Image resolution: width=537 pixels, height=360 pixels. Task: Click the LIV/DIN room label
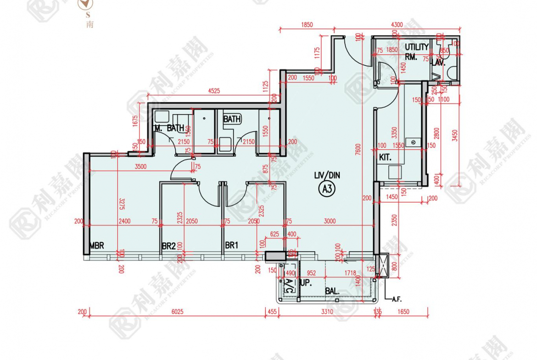pyautogui.click(x=327, y=175)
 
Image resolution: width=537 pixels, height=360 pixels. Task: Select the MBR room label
pyautogui.click(x=97, y=246)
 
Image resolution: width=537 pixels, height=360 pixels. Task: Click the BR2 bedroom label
pyautogui.click(x=168, y=246)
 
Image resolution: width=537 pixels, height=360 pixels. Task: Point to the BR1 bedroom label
pyautogui.click(x=231, y=246)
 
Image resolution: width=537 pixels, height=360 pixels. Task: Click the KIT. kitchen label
pyautogui.click(x=385, y=157)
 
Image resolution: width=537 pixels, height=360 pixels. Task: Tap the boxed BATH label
pyautogui.click(x=232, y=119)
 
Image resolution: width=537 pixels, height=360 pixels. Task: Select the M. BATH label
pyautogui.click(x=169, y=128)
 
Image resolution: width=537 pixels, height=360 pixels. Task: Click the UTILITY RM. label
pyautogui.click(x=416, y=51)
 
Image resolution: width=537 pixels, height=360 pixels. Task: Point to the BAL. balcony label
pyautogui.click(x=332, y=291)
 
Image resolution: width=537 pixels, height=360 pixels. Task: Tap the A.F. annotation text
pyautogui.click(x=397, y=299)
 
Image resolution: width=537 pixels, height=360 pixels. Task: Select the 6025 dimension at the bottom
pyautogui.click(x=177, y=312)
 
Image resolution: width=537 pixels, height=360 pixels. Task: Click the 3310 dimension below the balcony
pyautogui.click(x=326, y=312)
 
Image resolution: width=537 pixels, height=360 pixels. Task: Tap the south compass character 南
pyautogui.click(x=89, y=24)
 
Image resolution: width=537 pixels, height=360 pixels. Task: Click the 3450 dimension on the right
pyautogui.click(x=454, y=135)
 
